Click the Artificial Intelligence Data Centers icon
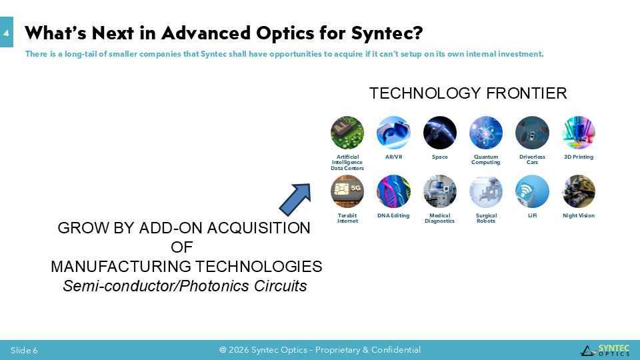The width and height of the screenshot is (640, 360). (347, 133)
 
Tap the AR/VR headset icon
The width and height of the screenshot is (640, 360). (393, 133)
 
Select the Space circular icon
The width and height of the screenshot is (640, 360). (439, 133)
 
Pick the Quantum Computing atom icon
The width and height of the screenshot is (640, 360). (486, 133)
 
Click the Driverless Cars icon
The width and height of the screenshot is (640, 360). (532, 133)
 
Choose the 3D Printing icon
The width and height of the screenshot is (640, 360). (579, 133)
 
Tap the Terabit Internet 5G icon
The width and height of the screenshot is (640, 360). (347, 191)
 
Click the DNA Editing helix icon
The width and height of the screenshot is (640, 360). (393, 191)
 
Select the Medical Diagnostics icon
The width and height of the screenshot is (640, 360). (439, 191)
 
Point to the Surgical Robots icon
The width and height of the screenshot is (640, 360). (486, 191)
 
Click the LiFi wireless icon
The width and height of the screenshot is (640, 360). (532, 191)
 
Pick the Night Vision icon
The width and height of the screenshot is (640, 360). (579, 191)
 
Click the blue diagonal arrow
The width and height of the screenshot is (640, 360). (295, 199)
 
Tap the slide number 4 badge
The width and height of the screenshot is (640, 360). (6, 32)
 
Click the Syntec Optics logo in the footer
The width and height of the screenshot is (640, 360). (605, 350)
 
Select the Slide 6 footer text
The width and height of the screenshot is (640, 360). (24, 350)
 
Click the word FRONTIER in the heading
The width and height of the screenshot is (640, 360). (527, 93)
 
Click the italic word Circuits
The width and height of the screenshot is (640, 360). (280, 286)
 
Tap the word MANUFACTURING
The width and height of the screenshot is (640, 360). (119, 267)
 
